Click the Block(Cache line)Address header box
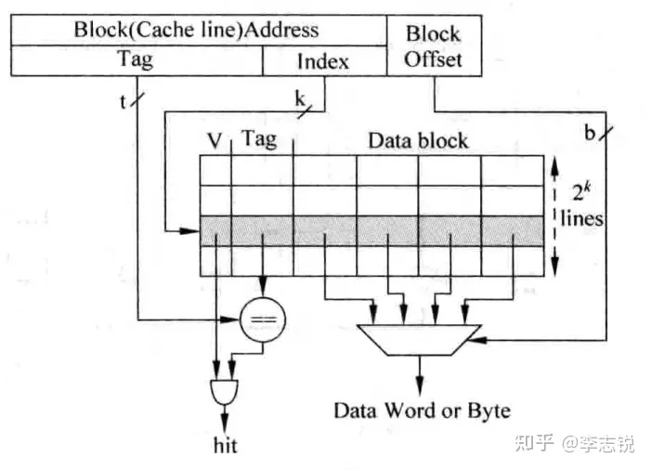pos(197,29)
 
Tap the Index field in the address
pos(323,61)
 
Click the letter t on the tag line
pos(123,100)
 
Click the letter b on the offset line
pos(589,133)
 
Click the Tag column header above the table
pos(259,140)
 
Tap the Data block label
pos(418,141)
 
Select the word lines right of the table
pos(582,219)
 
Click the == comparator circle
pos(263,321)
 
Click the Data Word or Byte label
pos(422,410)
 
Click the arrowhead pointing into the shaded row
pos(194,230)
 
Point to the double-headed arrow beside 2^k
pos(553,215)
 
